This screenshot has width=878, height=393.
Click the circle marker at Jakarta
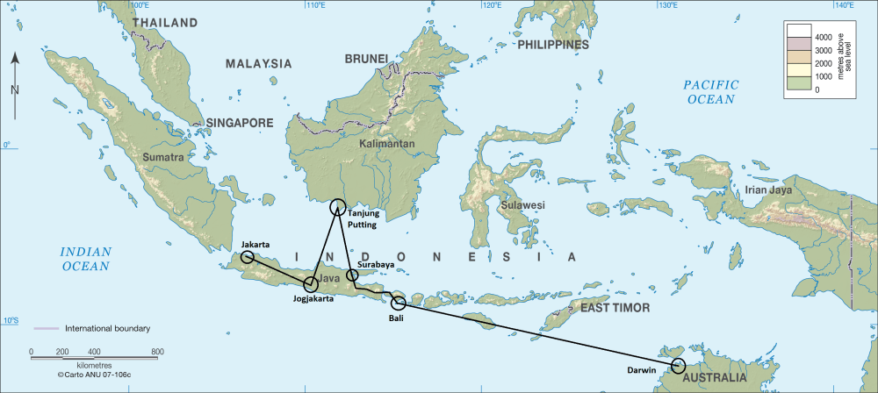point(248,257)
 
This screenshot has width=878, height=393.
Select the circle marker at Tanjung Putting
point(338,208)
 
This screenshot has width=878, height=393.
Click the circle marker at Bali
point(399,304)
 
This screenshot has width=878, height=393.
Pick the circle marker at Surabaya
point(353,275)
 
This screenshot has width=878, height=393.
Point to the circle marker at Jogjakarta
point(311,284)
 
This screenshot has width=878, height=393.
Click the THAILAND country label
point(166,23)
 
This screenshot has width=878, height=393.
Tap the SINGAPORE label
point(240,123)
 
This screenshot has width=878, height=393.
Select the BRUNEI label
point(366,59)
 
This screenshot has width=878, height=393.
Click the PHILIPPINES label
point(552,45)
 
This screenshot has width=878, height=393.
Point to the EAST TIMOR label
point(615,308)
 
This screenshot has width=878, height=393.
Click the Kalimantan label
point(385,143)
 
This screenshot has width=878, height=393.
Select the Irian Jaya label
point(768,189)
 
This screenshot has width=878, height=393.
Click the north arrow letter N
point(15,89)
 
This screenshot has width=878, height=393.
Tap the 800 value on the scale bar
point(158,353)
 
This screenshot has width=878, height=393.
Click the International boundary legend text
point(108,329)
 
